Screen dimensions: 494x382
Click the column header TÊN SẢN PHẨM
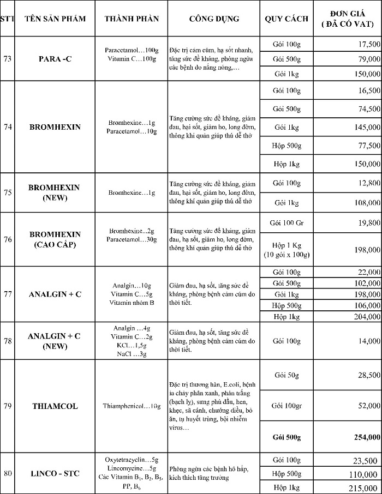click(x=55, y=19)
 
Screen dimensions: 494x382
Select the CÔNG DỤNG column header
click(x=214, y=19)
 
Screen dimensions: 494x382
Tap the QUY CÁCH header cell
click(x=286, y=19)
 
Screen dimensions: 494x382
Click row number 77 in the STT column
click(x=8, y=294)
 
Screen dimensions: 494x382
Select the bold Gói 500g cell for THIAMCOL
click(x=286, y=437)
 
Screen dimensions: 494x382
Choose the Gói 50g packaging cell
click(x=286, y=375)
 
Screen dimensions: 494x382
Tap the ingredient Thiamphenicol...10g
click(x=132, y=406)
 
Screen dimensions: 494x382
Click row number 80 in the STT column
click(x=8, y=473)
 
